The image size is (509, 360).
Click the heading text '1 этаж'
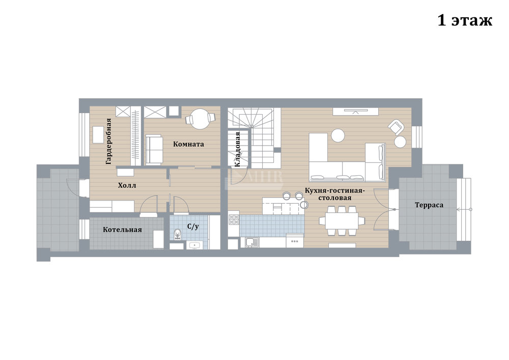[x=465, y=20]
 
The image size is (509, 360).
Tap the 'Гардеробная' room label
[x=108, y=141]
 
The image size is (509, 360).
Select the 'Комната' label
[x=188, y=144]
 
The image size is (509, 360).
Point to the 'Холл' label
[x=127, y=185]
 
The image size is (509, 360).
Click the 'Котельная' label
[x=122, y=230]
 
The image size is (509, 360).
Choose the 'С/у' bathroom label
[x=193, y=226]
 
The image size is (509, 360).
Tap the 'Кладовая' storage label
[x=237, y=149]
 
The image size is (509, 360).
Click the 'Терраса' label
[x=429, y=205]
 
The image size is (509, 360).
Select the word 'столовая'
[x=335, y=198]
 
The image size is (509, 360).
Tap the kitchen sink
[x=252, y=242]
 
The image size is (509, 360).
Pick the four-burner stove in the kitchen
[x=234, y=219]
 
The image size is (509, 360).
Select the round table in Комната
[x=200, y=119]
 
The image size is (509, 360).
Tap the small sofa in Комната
[x=154, y=150]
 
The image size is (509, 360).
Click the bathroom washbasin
[x=195, y=246]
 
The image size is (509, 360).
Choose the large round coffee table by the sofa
[x=337, y=135]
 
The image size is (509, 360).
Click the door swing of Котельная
[x=149, y=205]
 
